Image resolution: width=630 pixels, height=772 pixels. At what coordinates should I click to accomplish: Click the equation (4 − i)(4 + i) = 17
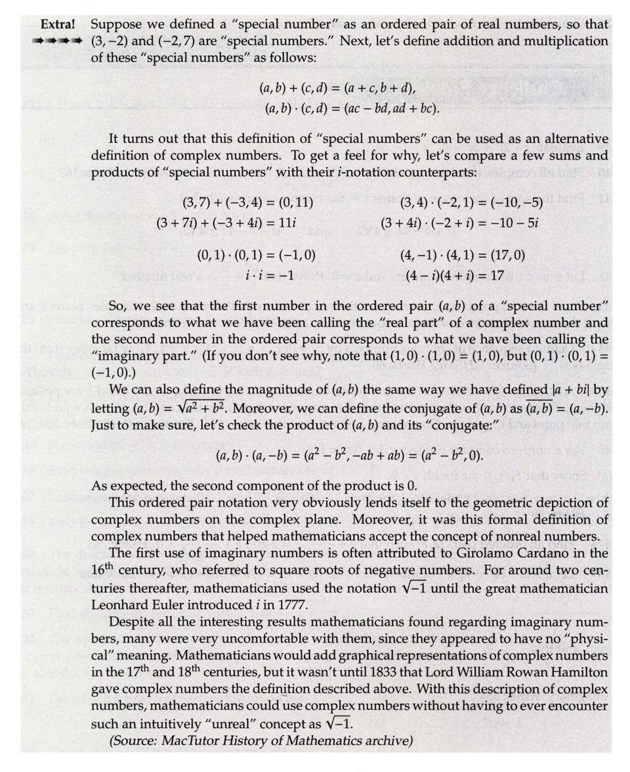[454, 275]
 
